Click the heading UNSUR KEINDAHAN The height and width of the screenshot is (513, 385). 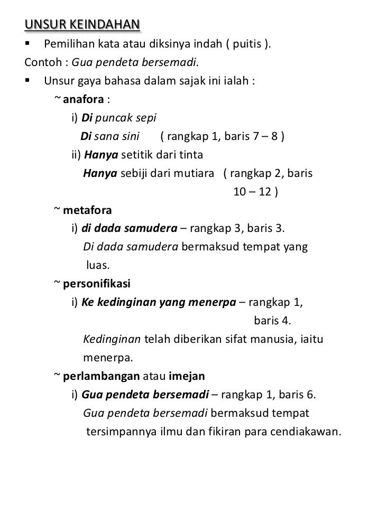point(82,25)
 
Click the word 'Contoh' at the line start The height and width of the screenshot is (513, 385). point(41,62)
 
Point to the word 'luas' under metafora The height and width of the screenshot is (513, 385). point(97,266)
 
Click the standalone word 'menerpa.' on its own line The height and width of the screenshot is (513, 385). point(108,358)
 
